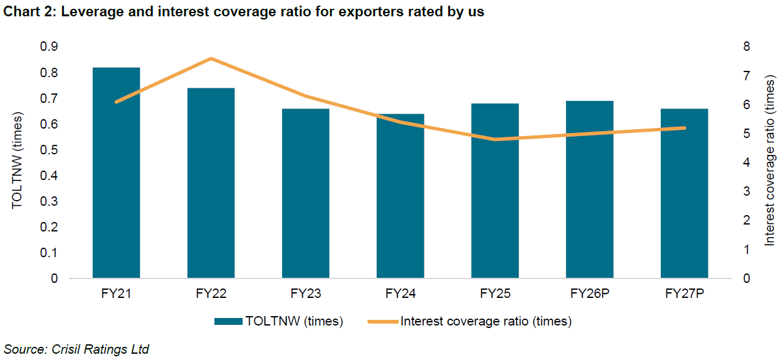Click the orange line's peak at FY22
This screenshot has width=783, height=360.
211,58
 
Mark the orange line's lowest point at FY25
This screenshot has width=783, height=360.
495,139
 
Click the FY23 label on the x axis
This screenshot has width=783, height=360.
305,294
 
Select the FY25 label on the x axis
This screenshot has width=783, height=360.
495,294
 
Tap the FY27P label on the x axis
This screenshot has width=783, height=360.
684,294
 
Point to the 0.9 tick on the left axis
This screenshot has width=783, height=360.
48,47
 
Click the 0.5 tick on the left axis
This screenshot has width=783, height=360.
48,150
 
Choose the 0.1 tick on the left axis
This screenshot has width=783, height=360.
48,253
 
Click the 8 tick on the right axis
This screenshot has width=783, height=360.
746,47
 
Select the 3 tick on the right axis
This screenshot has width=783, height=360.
746,191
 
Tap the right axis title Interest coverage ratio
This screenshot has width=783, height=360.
770,159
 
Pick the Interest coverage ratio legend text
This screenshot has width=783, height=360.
485,322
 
